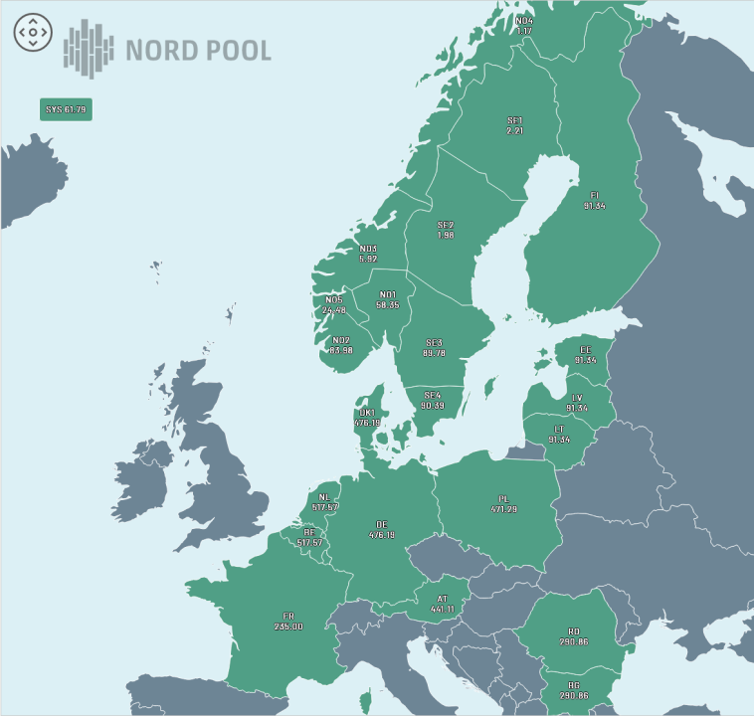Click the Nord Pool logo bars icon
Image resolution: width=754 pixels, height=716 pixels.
[89, 48]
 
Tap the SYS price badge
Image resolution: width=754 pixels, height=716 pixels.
[66, 109]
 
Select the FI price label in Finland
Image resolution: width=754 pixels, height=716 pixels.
[595, 200]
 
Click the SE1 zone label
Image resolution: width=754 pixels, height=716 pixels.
[514, 126]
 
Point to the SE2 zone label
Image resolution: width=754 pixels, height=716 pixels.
[445, 230]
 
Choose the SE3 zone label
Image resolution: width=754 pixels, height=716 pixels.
[434, 347]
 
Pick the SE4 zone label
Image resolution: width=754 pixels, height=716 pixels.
[432, 400]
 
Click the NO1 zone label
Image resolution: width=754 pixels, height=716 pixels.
[388, 299]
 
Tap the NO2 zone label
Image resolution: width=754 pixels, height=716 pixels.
[340, 344]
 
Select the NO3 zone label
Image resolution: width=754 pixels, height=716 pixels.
[368, 254]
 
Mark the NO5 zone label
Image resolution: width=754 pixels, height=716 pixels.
[334, 304]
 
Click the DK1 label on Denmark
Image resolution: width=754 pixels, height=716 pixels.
[367, 418]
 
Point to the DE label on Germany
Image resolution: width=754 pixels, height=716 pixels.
[382, 529]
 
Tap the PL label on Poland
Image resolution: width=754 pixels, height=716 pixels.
[503, 504]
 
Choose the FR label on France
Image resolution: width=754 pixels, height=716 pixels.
[288, 622]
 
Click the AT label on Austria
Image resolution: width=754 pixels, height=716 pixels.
[443, 604]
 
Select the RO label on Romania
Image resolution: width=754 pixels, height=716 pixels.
[574, 636]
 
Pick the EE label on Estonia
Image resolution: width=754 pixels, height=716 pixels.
[585, 355]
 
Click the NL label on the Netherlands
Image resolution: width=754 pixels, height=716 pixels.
[324, 502]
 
